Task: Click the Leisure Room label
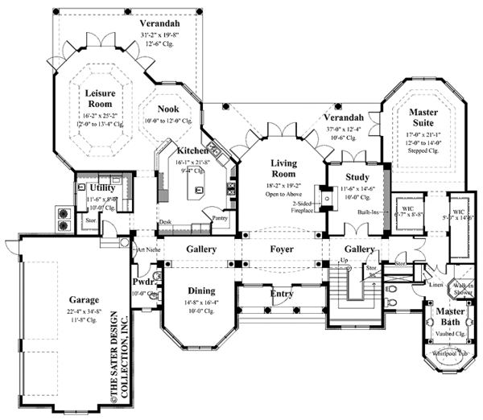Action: [x=109, y=99]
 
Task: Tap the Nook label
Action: [x=167, y=109]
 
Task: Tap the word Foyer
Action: [x=281, y=250]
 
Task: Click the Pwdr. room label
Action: [x=142, y=283]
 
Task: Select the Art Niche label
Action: [x=147, y=250]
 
